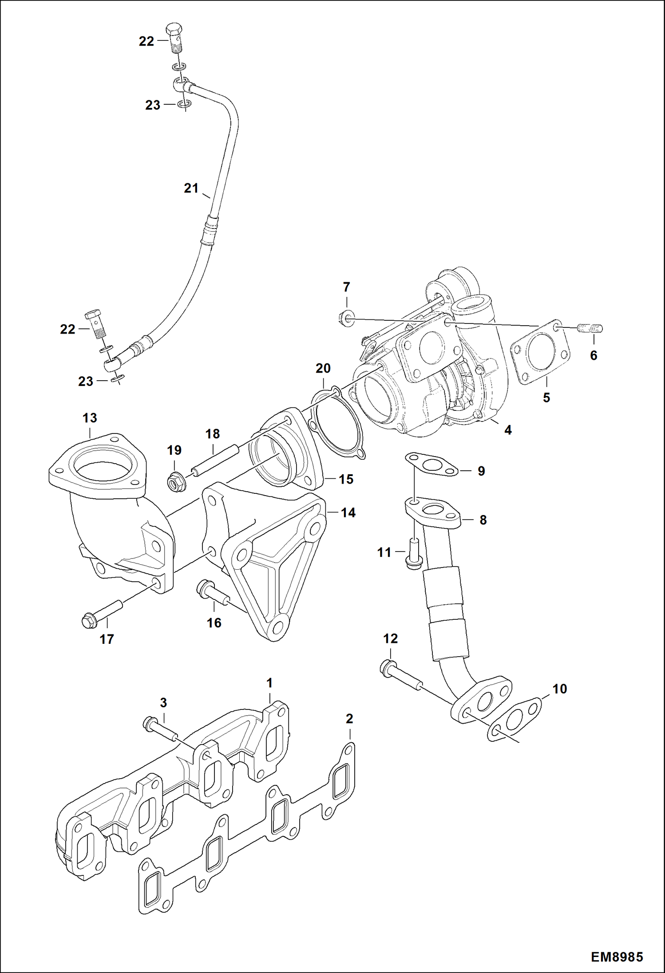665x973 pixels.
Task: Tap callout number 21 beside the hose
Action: [x=191, y=188]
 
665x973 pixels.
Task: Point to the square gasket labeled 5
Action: [x=540, y=351]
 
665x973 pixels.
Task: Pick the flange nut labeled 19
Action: [x=176, y=481]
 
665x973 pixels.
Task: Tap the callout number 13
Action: [x=90, y=418]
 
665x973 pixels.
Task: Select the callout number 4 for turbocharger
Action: [x=508, y=429]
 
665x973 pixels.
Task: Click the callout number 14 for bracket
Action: [x=348, y=512]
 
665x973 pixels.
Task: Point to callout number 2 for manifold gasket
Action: [x=349, y=718]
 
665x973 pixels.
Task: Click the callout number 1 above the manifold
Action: [x=269, y=683]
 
